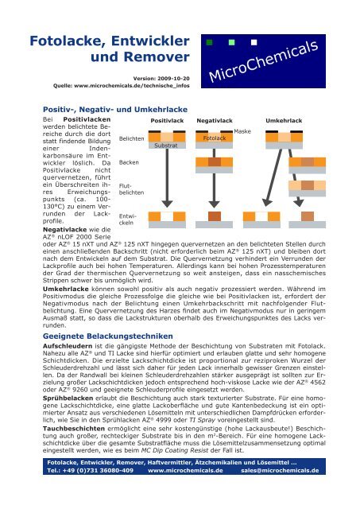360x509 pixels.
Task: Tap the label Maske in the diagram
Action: [242, 130]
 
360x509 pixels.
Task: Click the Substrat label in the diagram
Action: [165, 146]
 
